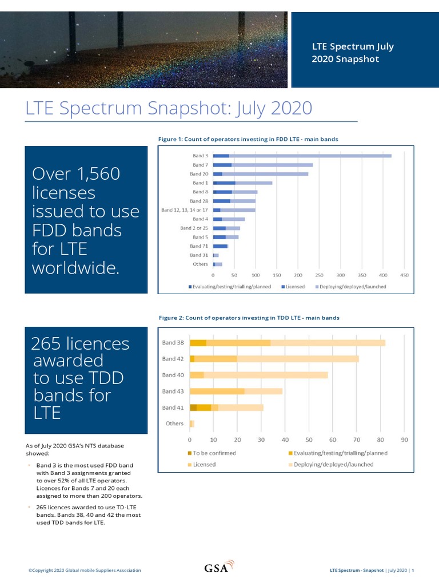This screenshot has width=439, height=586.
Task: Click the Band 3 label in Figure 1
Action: [x=200, y=156]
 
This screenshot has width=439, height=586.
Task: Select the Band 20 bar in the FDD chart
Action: [x=261, y=174]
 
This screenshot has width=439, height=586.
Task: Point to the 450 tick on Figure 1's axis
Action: [x=404, y=275]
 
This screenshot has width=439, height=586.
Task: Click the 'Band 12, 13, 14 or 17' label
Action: [x=185, y=210]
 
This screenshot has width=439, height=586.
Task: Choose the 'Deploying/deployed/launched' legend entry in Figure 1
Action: [x=351, y=287]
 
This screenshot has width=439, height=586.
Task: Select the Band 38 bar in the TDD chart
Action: [x=288, y=343]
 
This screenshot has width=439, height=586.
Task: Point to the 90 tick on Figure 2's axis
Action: [x=404, y=439]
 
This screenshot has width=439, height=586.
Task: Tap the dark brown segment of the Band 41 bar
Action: [x=193, y=407]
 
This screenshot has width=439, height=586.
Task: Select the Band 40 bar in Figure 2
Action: [x=259, y=375]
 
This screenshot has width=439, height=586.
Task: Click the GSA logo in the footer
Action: [x=219, y=568]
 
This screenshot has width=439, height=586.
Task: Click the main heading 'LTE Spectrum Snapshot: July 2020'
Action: [x=169, y=108]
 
